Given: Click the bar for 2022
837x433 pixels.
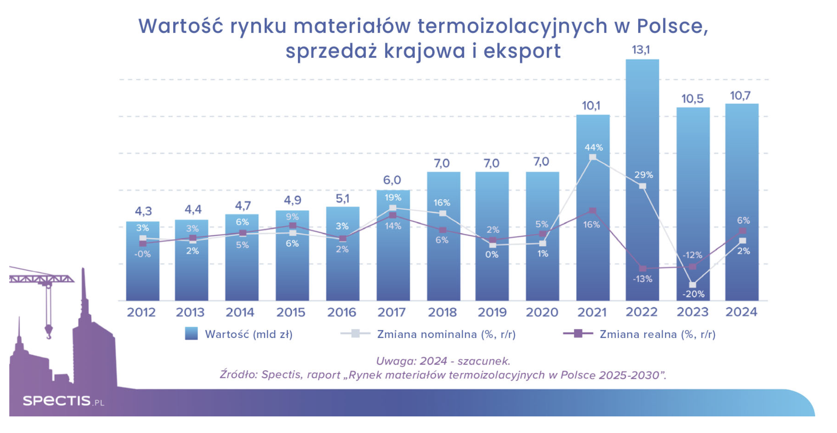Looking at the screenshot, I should point(642,121).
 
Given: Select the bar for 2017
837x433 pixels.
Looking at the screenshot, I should point(393,263).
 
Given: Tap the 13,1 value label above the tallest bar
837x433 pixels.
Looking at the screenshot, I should point(641,50).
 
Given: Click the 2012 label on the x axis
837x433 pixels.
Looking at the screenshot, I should point(141,312).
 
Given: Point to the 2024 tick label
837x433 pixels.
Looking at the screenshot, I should point(741,312).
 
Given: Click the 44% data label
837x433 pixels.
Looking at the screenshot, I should point(593,148).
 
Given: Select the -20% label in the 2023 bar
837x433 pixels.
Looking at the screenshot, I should point(693,294).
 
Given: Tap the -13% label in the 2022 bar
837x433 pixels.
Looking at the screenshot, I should point(643,279).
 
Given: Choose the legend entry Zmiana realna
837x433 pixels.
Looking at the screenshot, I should point(657,334).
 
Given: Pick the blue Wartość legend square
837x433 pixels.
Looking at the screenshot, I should point(191,334).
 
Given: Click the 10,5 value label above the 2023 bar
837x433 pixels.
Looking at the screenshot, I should point(693,99).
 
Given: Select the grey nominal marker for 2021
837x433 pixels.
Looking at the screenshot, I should point(593,157).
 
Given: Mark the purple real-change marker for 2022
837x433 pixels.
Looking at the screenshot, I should point(642,269).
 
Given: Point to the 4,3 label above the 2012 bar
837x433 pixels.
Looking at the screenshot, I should point(143,211).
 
